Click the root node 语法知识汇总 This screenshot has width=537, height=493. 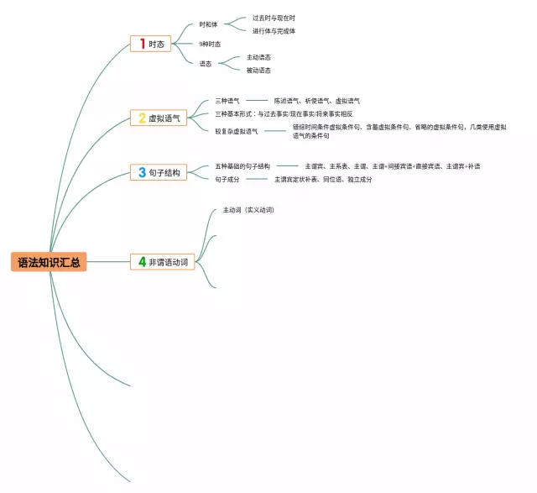[x=49, y=262]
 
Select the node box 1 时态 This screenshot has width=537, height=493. [x=152, y=44]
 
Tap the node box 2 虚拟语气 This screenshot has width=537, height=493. [x=159, y=118]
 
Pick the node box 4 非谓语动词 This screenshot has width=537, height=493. [x=164, y=262]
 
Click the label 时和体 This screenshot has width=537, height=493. [x=209, y=24]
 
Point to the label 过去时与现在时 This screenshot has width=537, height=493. [x=274, y=18]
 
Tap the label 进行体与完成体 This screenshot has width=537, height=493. [x=274, y=31]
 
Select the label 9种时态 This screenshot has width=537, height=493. [x=210, y=44]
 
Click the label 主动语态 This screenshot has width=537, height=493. [x=258, y=57]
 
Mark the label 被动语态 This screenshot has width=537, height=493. [x=258, y=71]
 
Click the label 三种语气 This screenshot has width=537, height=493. [x=227, y=101]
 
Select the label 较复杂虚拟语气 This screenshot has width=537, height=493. [x=237, y=131]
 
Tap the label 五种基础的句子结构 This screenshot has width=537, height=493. [x=242, y=166]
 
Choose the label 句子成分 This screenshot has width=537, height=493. [x=227, y=179]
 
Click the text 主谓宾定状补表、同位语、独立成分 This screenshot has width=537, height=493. [x=322, y=179]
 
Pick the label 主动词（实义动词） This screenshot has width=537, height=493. [x=248, y=210]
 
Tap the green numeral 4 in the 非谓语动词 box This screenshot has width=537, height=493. [x=143, y=262]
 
